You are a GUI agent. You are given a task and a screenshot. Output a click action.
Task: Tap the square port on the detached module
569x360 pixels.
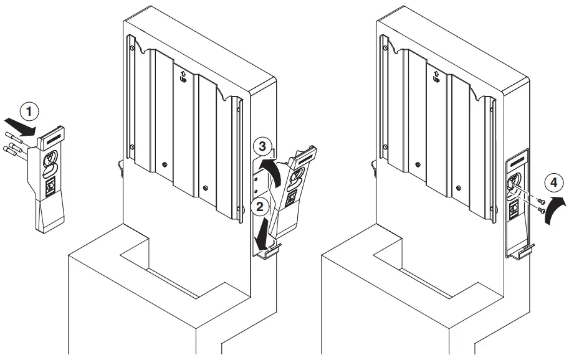click(x=50, y=185)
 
